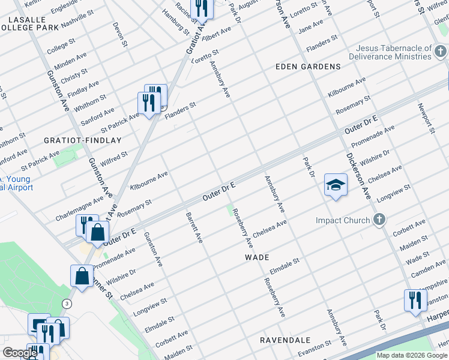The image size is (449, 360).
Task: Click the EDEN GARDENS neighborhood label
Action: point(308,67)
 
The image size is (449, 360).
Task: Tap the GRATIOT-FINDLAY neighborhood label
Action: point(83,140)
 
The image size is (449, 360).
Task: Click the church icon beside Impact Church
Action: point(379,220)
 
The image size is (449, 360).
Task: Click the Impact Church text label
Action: point(343,220)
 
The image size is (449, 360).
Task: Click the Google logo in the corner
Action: point(20,353)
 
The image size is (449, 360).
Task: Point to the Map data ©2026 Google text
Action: point(411,355)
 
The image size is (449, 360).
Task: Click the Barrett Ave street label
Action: point(194,227)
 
